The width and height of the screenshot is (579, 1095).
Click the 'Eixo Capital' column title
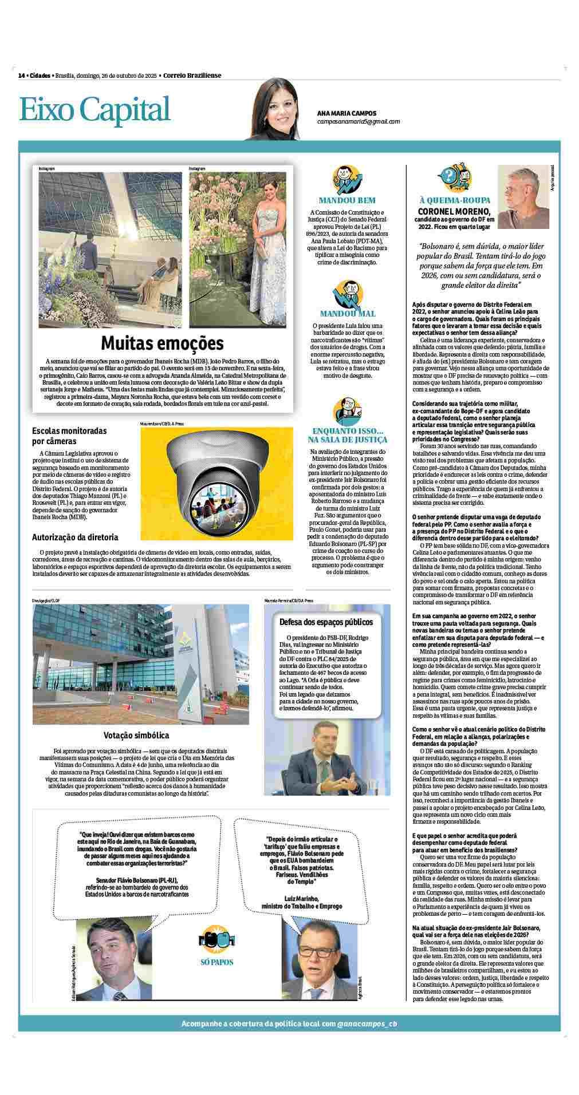[95, 109]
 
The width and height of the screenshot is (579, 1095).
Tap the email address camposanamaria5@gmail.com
[358, 121]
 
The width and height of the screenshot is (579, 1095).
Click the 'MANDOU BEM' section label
[347, 200]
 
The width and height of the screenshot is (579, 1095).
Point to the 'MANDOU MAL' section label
[348, 314]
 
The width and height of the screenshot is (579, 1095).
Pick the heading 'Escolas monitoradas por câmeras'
[69, 436]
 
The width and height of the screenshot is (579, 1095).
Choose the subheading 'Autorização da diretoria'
[75, 537]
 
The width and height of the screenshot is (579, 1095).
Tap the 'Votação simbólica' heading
[136, 735]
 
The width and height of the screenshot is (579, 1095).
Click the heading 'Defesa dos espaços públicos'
[326, 622]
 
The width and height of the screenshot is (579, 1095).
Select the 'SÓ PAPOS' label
[217, 962]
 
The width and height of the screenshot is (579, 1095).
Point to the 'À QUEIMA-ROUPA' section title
[455, 200]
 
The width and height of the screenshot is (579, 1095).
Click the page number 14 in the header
[21, 76]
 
